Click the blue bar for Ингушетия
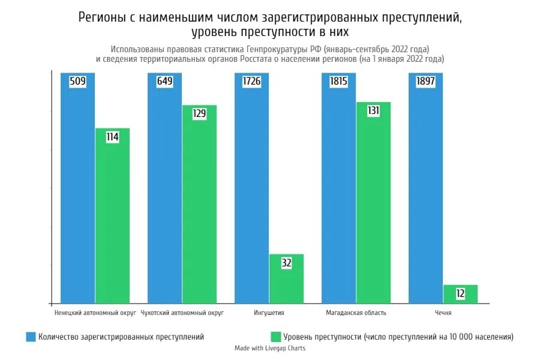(251, 192)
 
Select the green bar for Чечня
(460, 295)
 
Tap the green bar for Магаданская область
(373, 204)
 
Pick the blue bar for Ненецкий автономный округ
(77, 192)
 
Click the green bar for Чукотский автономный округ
(199, 204)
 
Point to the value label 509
(77, 82)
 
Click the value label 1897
(425, 82)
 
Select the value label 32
(286, 263)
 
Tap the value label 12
(460, 293)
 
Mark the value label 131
(373, 111)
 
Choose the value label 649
(164, 82)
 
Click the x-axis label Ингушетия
(269, 313)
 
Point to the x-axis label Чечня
(443, 313)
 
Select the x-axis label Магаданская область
(356, 313)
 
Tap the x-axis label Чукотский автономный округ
(182, 313)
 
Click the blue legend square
(31, 337)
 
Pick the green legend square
(276, 337)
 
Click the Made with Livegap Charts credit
(270, 349)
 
